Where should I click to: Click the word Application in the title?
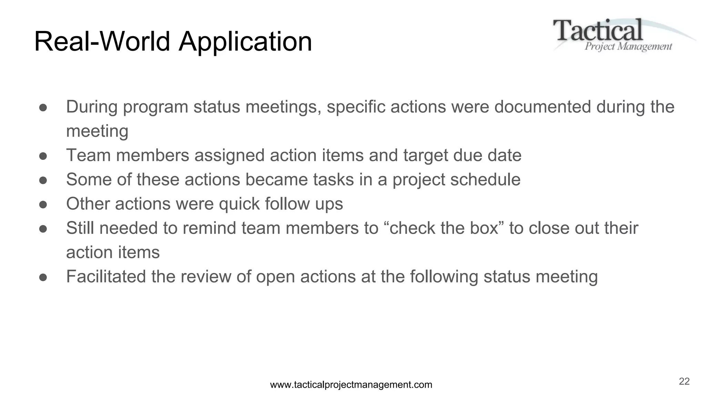point(245,42)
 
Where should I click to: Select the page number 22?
point(684,381)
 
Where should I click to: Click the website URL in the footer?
point(351,385)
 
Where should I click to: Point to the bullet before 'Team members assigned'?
point(43,156)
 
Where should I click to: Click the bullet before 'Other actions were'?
point(43,204)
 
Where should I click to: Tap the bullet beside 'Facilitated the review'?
point(43,277)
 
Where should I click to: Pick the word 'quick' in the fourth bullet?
point(239,204)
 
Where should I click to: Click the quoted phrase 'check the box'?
point(444,228)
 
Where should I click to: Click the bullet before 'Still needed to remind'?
point(43,228)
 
